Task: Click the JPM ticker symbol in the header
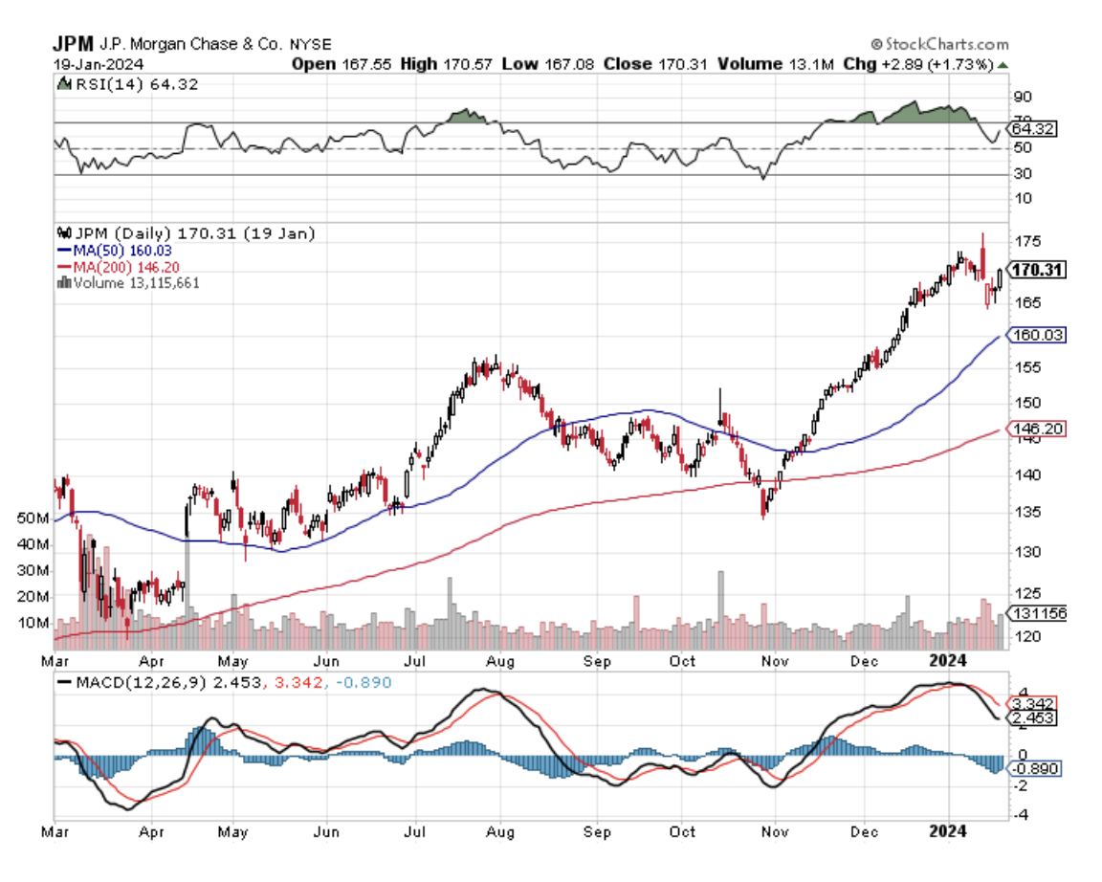(x=72, y=44)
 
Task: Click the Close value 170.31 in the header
(x=680, y=63)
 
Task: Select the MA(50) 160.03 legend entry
(x=105, y=250)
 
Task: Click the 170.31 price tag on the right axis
(x=1039, y=271)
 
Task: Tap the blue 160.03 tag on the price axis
(x=1037, y=335)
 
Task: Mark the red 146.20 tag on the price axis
(x=1037, y=430)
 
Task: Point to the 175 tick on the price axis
(x=1028, y=241)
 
